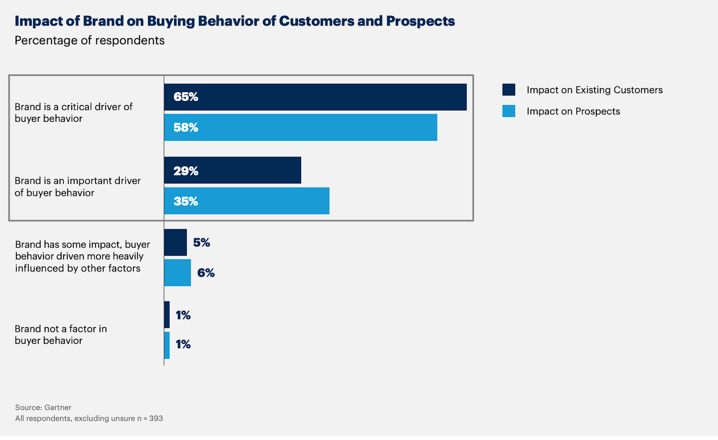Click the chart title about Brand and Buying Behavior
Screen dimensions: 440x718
[x=235, y=21]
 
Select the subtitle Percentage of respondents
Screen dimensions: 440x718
[x=90, y=40]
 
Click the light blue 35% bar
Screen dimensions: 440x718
[x=260, y=201]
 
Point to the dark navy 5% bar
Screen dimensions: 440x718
[x=175, y=243]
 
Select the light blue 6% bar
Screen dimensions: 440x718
[x=177, y=273]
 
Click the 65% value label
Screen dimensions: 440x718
[x=186, y=97]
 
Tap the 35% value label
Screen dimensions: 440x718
[x=186, y=201]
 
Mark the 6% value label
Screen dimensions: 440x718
[x=206, y=273]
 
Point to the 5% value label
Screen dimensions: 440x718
[x=201, y=243]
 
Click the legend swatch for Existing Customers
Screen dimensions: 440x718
[x=509, y=90]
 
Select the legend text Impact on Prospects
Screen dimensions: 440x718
[x=573, y=111]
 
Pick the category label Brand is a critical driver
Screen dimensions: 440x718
[x=74, y=113]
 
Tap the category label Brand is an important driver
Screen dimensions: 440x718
[x=78, y=187]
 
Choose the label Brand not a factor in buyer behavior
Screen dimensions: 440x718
[x=61, y=335]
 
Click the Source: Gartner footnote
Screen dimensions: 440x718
[x=43, y=407]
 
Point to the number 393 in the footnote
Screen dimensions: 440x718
[x=156, y=418]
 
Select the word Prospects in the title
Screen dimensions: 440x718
[x=420, y=21]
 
